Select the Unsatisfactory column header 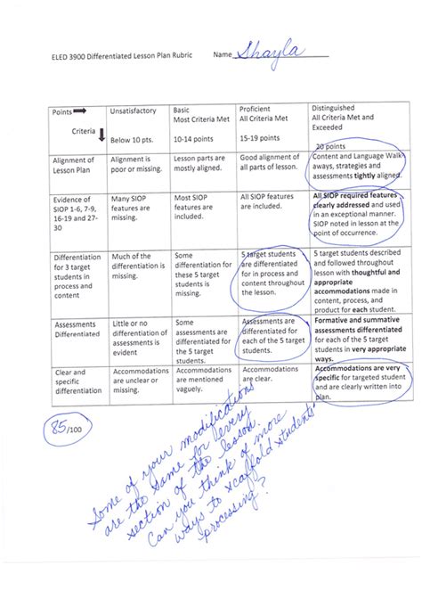tap(133, 111)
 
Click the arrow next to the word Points tap(80, 111)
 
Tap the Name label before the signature tap(223, 56)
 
